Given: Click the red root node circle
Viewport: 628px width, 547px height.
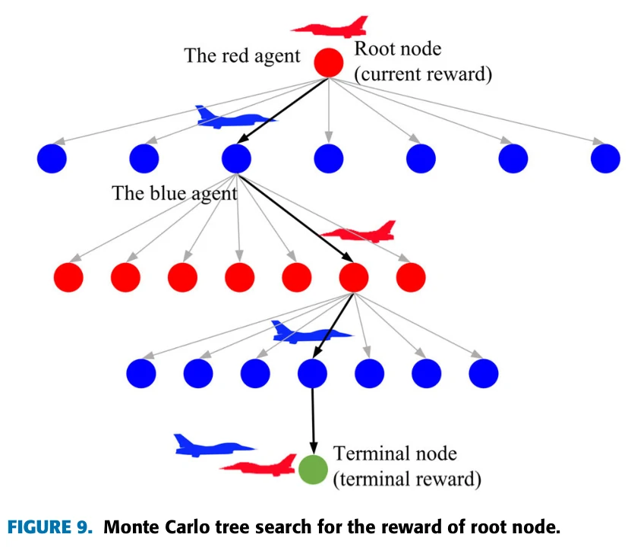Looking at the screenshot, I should (x=329, y=62).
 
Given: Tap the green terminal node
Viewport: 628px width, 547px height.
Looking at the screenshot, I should (x=312, y=470).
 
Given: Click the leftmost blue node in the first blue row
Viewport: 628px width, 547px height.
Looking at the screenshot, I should (x=52, y=158).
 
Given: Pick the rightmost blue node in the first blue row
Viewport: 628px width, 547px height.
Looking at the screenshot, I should (x=605, y=158).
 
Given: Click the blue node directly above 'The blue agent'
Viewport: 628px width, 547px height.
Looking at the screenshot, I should (x=236, y=158).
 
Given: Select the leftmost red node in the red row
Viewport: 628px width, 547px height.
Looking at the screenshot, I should (x=68, y=277).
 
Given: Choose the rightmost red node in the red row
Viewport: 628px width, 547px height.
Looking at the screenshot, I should (x=411, y=277).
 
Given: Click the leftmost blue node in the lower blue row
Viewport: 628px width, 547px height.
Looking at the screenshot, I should (x=141, y=373).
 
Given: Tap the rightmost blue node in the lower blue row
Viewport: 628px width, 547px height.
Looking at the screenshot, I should (x=484, y=373).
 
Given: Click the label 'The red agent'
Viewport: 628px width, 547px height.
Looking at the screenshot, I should (x=242, y=56).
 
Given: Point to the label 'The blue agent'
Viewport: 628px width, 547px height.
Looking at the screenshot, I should (x=175, y=193).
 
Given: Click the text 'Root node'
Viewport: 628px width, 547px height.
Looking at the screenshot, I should (x=398, y=50).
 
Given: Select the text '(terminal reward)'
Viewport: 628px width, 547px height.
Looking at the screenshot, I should (x=407, y=479).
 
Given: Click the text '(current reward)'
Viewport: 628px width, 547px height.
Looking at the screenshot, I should (x=423, y=74).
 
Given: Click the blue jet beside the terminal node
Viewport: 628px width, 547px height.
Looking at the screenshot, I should (x=209, y=446).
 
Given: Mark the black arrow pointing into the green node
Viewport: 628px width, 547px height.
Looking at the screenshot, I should (x=312, y=425).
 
